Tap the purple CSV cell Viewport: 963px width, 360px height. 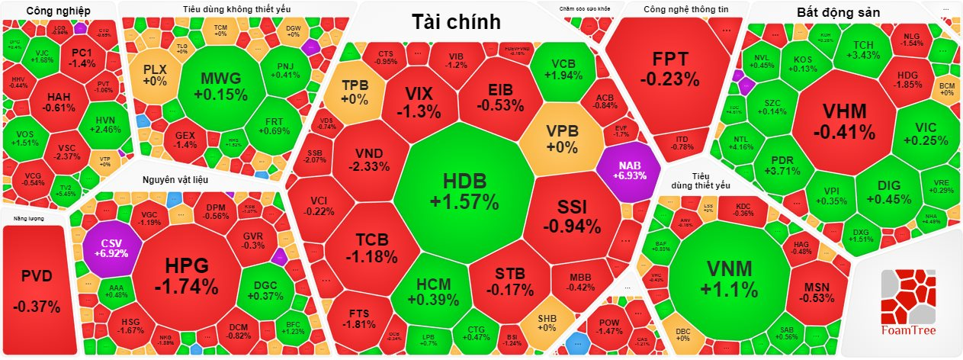tap(107, 247)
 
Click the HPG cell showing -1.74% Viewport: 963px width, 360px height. tap(186, 276)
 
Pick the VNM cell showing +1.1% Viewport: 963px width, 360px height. tap(729, 278)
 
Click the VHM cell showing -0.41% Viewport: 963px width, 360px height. tap(844, 121)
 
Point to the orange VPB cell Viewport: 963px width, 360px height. tap(563, 137)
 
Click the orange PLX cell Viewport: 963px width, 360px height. tap(154, 75)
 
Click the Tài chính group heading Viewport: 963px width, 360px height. tap(456, 22)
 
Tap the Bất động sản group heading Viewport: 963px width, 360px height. tap(837, 13)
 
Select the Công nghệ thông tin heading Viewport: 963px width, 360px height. tap(676, 10)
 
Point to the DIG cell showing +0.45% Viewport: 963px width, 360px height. tap(888, 191)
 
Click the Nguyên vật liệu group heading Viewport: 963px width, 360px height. tap(175, 180)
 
